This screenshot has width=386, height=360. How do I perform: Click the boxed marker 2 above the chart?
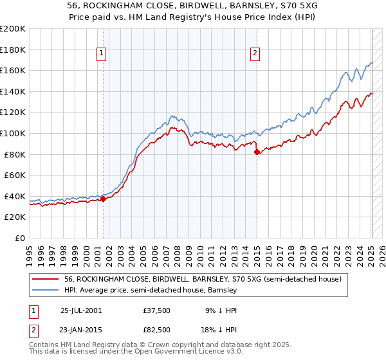click(255, 54)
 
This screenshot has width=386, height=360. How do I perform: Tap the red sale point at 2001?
click(104, 199)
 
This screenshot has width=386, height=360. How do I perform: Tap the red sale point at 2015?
click(257, 152)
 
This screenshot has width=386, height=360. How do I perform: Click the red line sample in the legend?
click(46, 280)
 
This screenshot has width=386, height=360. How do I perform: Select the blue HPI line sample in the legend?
click(46, 291)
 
